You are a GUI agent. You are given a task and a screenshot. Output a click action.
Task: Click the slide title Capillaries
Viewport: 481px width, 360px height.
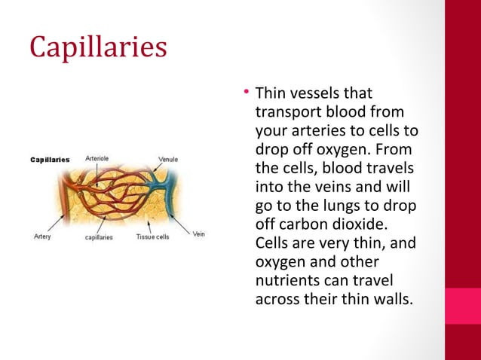98,47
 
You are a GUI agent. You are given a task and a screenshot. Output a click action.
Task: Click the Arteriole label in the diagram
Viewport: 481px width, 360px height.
97,159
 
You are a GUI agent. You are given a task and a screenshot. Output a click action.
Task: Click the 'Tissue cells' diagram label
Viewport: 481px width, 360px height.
152,236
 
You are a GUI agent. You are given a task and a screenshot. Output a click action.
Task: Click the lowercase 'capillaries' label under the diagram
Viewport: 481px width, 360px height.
98,236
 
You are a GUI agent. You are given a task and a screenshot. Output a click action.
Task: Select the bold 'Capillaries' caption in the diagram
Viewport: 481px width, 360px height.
50,160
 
